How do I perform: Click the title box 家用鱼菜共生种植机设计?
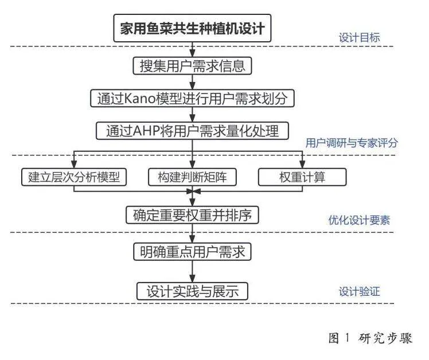[192, 28]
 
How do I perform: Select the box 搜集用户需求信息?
[192, 66]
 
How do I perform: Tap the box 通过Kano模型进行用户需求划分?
[192, 98]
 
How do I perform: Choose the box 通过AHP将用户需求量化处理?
[192, 131]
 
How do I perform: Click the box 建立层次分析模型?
[74, 177]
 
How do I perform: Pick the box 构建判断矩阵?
[192, 177]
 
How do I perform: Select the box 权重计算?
[302, 177]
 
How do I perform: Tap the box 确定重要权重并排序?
[192, 215]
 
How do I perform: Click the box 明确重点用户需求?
[192, 252]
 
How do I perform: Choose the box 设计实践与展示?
[192, 291]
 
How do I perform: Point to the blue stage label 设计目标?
[359, 37]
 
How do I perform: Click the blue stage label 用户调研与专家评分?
[352, 143]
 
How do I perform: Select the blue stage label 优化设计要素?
[359, 220]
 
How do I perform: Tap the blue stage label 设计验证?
[359, 291]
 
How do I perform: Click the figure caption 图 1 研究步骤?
[370, 338]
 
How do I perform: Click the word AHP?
[146, 131]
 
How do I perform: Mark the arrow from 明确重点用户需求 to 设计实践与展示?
[192, 271]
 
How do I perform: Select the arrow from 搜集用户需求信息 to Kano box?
[192, 82]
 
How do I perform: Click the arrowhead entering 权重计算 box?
[302, 165]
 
